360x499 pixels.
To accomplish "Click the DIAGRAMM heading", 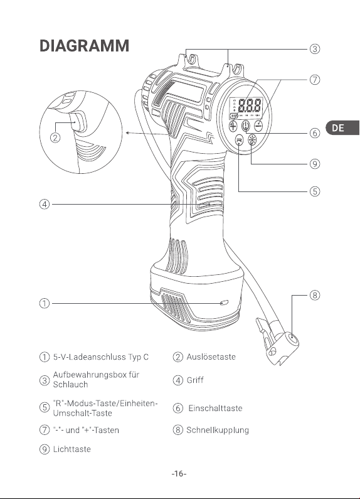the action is click(x=84, y=46).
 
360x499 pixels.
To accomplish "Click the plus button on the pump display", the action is click(x=233, y=126).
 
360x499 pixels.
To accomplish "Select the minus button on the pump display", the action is click(x=259, y=126).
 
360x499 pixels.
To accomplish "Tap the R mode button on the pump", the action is click(x=239, y=140).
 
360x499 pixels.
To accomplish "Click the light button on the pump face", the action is click(x=252, y=140).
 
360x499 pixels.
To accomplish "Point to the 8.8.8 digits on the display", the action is click(x=250, y=105).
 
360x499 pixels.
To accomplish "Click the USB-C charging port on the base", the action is click(x=224, y=303).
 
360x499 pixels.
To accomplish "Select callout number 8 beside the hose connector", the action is click(x=314, y=295).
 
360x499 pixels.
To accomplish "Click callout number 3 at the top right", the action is click(x=314, y=49).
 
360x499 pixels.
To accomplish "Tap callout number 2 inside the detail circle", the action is click(x=55, y=137).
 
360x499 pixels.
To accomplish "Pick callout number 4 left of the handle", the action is click(x=45, y=204).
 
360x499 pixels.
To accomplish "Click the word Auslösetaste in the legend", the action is click(x=211, y=357).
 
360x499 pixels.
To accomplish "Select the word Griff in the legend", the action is click(x=195, y=380).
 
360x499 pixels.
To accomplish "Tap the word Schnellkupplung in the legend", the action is click(x=218, y=430).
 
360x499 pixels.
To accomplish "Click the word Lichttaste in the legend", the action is click(x=72, y=449).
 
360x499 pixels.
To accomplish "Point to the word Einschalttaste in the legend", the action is click(x=215, y=408).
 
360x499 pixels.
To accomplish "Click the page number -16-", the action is click(x=179, y=474).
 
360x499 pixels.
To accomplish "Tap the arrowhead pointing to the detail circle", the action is click(x=127, y=132).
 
